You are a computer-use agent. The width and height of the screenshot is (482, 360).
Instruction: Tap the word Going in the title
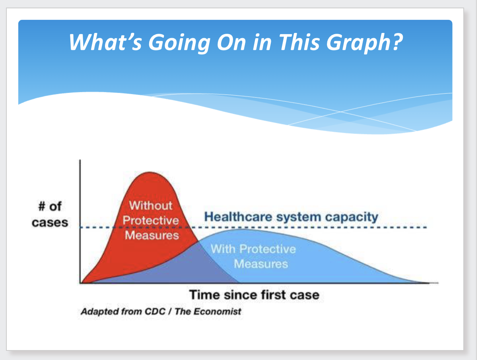click(179, 43)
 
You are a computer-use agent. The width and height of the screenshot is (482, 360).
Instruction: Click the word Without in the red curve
click(151, 205)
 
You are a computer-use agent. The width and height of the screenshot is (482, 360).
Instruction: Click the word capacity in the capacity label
click(352, 217)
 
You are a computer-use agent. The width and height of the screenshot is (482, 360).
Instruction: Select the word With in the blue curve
click(223, 249)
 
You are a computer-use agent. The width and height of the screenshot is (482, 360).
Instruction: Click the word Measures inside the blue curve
click(261, 264)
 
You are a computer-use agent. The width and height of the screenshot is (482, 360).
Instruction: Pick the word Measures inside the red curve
click(152, 235)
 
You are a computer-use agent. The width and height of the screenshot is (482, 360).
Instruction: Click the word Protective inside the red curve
click(151, 220)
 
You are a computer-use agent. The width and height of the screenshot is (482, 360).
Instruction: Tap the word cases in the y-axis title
click(50, 223)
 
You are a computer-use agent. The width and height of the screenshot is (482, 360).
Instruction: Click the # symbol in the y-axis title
click(42, 207)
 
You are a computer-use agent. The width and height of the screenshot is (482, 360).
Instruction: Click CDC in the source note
click(155, 312)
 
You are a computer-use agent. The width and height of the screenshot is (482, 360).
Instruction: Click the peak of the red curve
click(150, 172)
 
